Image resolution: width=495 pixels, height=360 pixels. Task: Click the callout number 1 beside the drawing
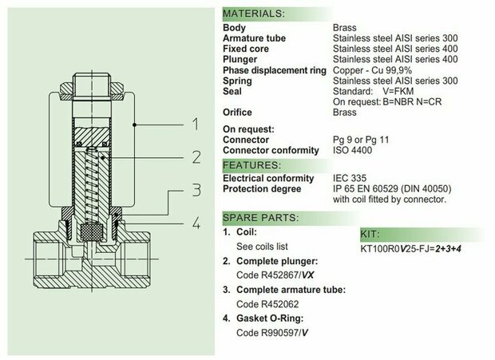pyautogui.click(x=196, y=124)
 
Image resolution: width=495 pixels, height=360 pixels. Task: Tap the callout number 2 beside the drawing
pyautogui.click(x=196, y=157)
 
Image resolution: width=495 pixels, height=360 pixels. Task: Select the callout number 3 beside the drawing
pyautogui.click(x=196, y=190)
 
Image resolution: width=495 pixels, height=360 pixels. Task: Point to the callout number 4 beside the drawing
pyautogui.click(x=196, y=223)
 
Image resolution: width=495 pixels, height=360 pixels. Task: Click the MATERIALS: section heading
pyautogui.click(x=254, y=14)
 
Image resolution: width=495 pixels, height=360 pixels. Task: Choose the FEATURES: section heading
pyautogui.click(x=251, y=165)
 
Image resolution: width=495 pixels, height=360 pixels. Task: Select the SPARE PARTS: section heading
pyautogui.click(x=260, y=218)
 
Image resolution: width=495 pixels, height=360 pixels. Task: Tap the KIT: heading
pyautogui.click(x=370, y=234)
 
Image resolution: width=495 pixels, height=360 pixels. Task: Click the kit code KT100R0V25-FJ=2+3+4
pyautogui.click(x=410, y=248)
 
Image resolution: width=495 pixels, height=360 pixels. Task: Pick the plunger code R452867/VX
pyautogui.click(x=275, y=275)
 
